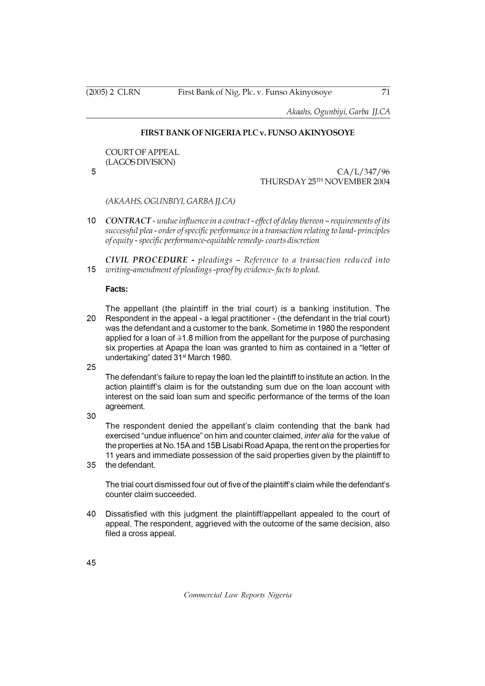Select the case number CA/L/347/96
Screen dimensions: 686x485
(x=363, y=172)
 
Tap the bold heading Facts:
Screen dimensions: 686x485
(x=117, y=289)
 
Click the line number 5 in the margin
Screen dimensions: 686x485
(x=94, y=172)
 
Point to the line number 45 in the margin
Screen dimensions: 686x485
(x=91, y=563)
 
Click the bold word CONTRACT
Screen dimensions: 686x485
(x=128, y=221)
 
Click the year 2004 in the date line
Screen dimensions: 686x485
(x=381, y=182)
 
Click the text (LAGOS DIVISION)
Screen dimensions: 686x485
(x=140, y=162)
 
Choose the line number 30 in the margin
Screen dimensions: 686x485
(x=91, y=416)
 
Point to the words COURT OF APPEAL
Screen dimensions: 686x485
(x=142, y=152)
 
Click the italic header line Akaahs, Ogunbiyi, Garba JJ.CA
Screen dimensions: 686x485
(x=338, y=112)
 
